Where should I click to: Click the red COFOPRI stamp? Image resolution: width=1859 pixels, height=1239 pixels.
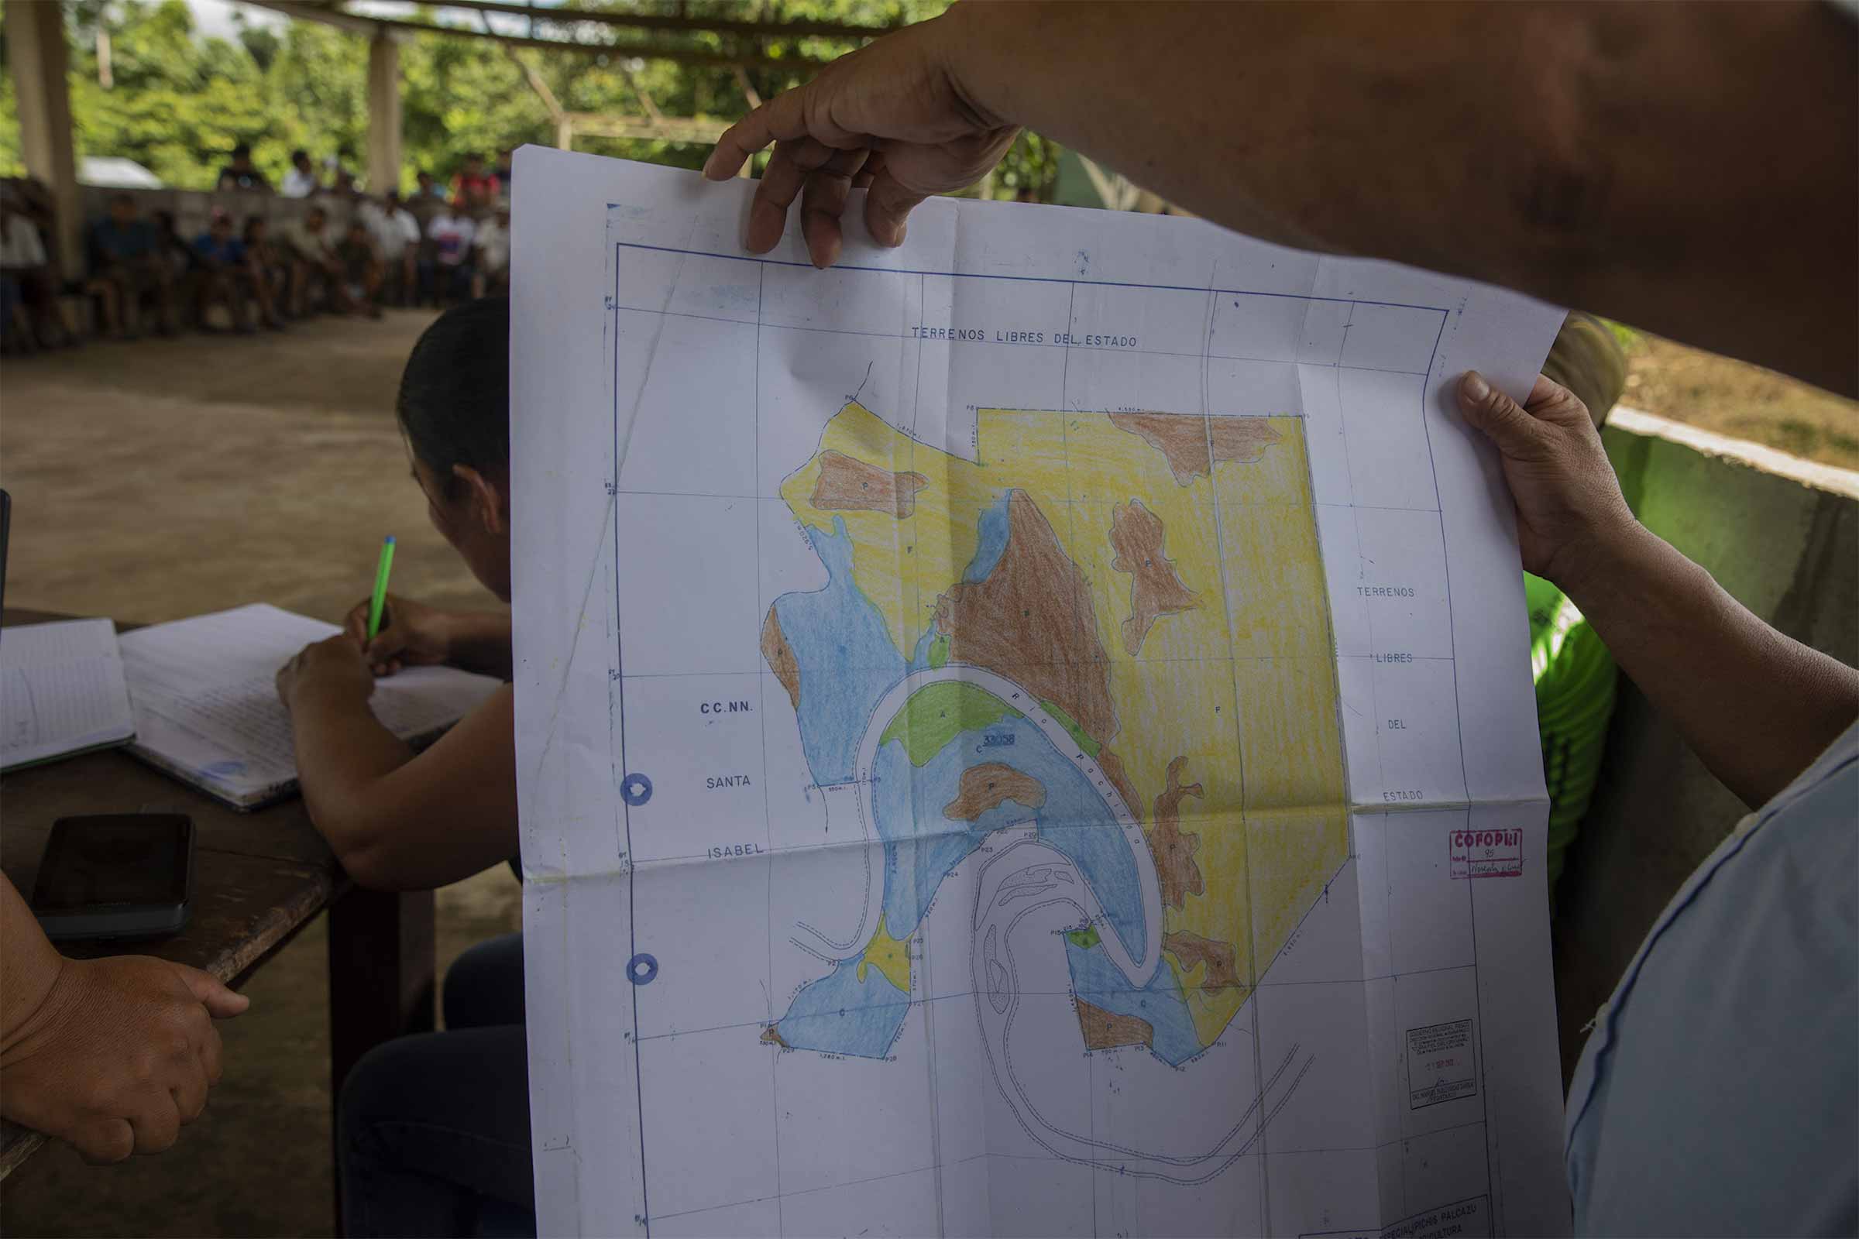(1486, 853)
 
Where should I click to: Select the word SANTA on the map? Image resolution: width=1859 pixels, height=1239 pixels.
(727, 781)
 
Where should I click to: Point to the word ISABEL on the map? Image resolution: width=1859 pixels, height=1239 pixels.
(735, 850)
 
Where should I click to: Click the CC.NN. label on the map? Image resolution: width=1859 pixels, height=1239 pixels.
(727, 708)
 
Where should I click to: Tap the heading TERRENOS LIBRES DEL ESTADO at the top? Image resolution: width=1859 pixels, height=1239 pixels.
(1023, 338)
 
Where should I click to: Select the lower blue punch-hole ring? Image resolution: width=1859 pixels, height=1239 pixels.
(643, 969)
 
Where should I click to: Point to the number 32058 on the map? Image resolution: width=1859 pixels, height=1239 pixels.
(998, 740)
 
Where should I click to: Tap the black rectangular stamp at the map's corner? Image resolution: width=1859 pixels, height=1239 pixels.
(1440, 1062)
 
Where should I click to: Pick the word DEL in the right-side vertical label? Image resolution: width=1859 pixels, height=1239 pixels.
(1396, 725)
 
